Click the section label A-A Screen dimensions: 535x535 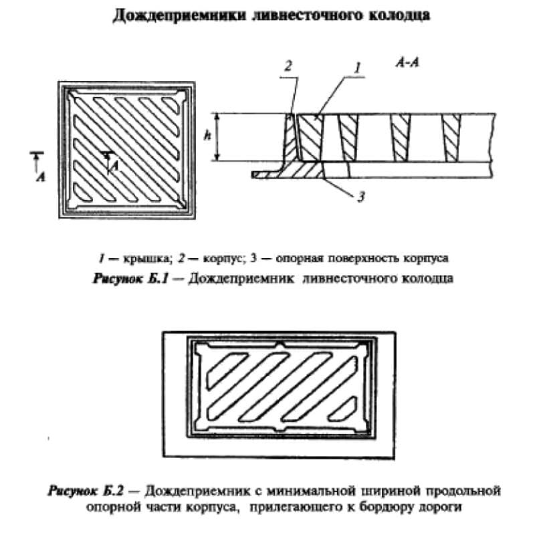click(x=407, y=63)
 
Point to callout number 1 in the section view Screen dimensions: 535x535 click(x=357, y=68)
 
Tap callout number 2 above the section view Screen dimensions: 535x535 click(x=289, y=66)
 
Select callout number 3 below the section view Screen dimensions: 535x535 click(x=361, y=197)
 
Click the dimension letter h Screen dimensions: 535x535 click(x=207, y=136)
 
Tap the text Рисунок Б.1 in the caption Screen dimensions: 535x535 click(x=130, y=278)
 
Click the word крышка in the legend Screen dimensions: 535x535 click(x=146, y=258)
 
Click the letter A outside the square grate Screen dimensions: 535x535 click(x=41, y=177)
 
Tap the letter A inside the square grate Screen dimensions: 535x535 click(x=115, y=166)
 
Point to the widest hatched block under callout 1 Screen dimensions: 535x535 click(x=310, y=138)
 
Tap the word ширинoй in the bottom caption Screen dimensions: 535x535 click(x=389, y=492)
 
